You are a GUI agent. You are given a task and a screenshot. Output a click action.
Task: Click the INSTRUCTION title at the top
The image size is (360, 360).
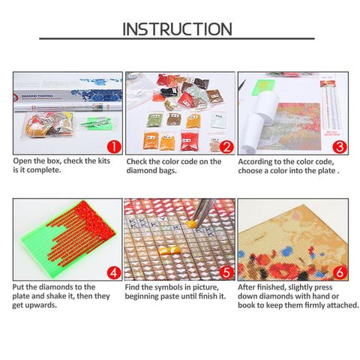(x=177, y=29)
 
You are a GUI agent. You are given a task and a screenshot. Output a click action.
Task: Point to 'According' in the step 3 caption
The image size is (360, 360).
(x=256, y=160)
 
